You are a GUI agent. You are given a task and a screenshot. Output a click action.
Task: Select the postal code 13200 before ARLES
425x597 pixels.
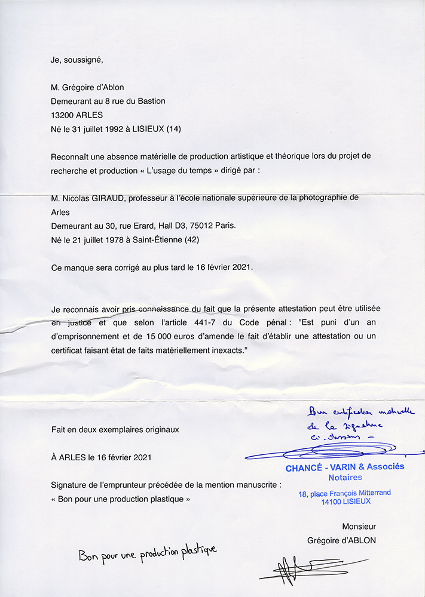(63, 115)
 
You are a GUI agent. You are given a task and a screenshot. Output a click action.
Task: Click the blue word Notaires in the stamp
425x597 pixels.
(345, 478)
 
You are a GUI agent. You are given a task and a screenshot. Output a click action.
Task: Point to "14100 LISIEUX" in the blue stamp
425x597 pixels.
(345, 501)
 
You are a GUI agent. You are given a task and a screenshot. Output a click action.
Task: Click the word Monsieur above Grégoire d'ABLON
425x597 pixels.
(359, 527)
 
